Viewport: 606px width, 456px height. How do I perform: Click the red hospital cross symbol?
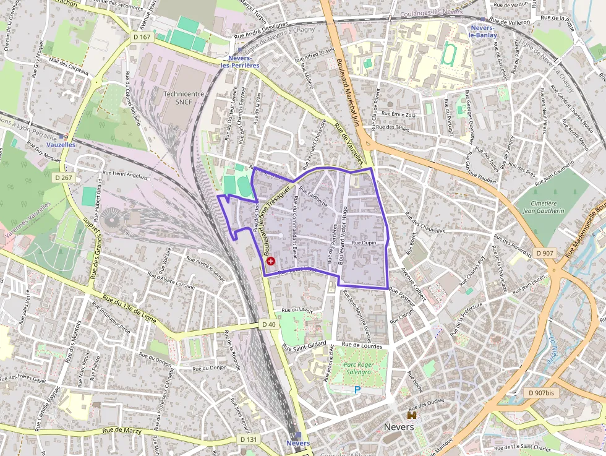(x=270, y=262)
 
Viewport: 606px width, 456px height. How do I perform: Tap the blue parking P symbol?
(x=357, y=390)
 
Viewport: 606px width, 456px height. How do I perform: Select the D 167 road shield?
(x=142, y=37)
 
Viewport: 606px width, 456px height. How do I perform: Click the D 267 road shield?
(x=63, y=178)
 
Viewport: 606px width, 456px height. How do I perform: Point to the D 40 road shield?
(x=268, y=324)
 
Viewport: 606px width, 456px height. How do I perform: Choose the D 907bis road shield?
(x=540, y=393)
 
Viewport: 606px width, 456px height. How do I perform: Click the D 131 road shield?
(x=248, y=439)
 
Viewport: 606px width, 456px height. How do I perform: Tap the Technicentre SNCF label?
(x=184, y=98)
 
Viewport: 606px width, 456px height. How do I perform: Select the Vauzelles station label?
(x=61, y=144)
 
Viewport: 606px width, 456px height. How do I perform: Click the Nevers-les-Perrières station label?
(x=239, y=61)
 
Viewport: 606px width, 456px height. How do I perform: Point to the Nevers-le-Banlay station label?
(x=482, y=32)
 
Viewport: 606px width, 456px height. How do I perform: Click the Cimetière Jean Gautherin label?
(x=544, y=207)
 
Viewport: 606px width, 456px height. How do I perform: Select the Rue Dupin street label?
(x=364, y=244)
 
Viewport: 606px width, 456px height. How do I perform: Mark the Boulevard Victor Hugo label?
(x=342, y=236)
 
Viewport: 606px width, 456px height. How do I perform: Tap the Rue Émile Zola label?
(x=399, y=114)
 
